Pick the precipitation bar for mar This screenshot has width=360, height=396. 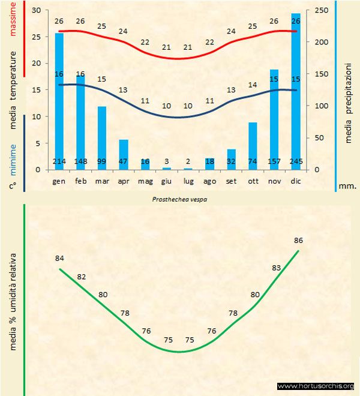(x=102, y=138)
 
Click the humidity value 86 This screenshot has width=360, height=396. (x=298, y=241)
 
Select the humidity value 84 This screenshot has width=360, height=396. (x=59, y=259)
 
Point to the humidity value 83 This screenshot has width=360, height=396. (x=277, y=268)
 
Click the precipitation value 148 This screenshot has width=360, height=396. (x=80, y=162)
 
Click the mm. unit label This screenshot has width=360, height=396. (x=347, y=186)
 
